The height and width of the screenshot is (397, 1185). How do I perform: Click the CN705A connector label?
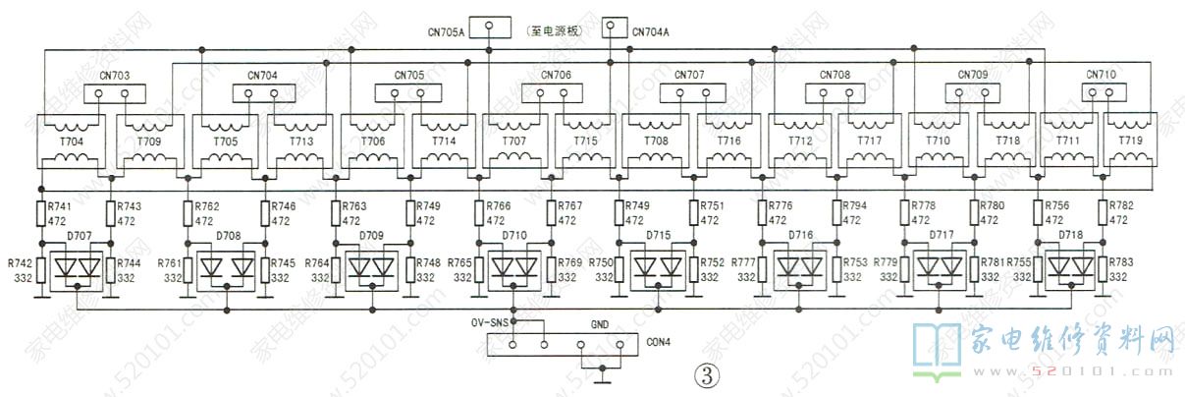tap(446, 31)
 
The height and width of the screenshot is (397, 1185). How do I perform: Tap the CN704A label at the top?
tap(651, 31)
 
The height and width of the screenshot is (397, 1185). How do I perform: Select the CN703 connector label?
tap(116, 75)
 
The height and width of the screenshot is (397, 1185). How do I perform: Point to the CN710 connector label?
tap(1101, 75)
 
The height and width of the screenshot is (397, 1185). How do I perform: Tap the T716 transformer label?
tap(728, 142)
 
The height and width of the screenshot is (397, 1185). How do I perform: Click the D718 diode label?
tap(1069, 237)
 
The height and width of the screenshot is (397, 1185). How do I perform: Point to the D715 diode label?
tap(658, 237)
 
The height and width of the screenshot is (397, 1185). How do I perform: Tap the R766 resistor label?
tap(498, 206)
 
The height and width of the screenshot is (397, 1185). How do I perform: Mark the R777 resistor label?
tap(744, 263)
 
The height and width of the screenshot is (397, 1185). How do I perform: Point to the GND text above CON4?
tap(600, 322)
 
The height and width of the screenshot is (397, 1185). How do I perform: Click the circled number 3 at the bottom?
tap(707, 375)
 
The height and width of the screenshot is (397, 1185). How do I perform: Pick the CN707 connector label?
tap(689, 75)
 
